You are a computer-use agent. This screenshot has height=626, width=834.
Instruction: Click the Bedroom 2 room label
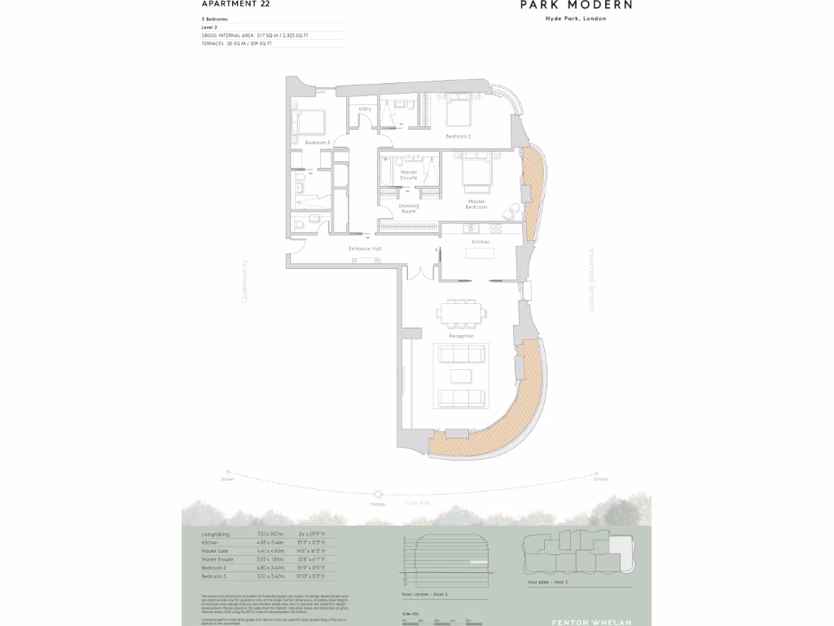pos(458,136)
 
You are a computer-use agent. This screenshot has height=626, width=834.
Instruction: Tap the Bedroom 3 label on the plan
pos(317,143)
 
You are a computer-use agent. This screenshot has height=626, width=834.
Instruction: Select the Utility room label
pos(365,108)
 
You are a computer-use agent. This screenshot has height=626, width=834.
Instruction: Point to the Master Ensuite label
pos(408,175)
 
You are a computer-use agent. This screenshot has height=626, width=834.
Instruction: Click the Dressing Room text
pos(408,209)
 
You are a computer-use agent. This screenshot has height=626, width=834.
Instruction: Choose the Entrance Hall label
pos(365,249)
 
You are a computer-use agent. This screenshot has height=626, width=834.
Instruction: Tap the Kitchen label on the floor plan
pos(480,243)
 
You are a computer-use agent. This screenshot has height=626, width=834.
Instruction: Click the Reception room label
pos(461,336)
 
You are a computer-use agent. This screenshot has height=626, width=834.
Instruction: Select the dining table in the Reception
pos(460,313)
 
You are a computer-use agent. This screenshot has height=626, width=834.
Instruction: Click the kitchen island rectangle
pos(480,253)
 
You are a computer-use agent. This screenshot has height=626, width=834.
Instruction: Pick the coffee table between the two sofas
pos(461,376)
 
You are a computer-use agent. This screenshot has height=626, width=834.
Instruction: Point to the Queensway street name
pos(243,281)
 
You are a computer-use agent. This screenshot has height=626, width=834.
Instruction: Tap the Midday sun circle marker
pos(378,494)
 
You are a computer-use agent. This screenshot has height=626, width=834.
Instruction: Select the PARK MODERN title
pos(576,5)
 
